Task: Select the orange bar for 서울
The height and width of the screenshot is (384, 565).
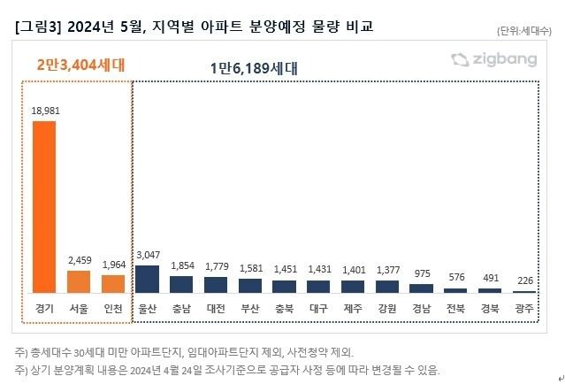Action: [79, 281]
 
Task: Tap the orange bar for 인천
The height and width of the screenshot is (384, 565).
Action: [113, 283]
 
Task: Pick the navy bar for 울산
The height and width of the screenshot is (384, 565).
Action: [148, 279]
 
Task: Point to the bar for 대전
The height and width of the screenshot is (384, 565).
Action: [216, 284]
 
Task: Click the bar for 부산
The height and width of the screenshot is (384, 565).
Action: [250, 285]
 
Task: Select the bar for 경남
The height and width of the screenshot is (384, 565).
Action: [422, 288]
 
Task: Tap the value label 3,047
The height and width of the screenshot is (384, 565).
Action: [148, 256]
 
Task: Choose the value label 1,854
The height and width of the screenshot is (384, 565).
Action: [181, 266]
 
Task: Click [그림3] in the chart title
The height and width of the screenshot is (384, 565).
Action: [36, 27]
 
